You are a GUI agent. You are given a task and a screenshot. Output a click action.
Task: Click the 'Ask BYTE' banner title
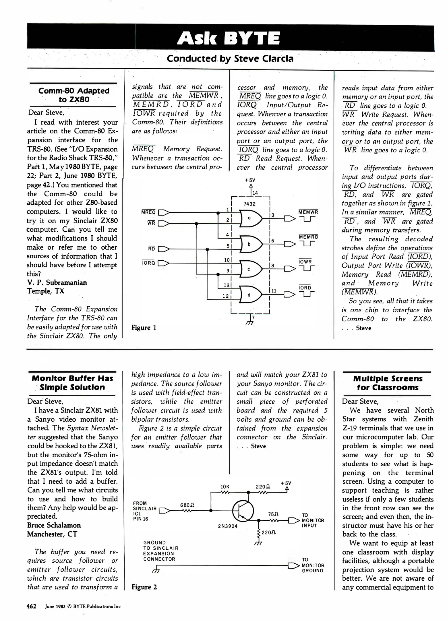pos(228,38)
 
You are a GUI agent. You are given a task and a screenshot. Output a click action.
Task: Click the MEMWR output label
pos(308,212)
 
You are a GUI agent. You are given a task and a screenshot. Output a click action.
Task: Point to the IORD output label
pos(305,288)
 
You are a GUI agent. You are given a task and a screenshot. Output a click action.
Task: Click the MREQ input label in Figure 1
pos(148,212)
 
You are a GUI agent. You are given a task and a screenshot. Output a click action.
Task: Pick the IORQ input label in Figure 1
pos(148,263)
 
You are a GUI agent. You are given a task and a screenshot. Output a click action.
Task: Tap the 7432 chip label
pos(249,204)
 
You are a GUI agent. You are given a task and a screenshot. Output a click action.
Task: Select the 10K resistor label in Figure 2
pos(225,487)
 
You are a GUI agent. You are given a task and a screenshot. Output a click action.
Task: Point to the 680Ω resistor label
pos(187,505)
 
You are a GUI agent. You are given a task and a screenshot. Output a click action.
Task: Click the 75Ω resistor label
pos(273,514)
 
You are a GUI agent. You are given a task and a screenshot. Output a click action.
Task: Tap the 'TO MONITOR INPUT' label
pos(313,520)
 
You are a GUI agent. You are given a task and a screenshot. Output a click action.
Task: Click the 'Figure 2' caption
pos(144,587)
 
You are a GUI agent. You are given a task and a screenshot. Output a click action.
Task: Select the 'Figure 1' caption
pos(144,328)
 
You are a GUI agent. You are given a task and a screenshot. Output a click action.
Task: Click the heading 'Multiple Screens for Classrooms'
pos(388,383)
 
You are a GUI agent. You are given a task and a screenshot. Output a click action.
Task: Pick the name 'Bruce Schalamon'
pos(54,525)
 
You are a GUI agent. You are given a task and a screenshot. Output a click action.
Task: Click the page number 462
pos(32,606)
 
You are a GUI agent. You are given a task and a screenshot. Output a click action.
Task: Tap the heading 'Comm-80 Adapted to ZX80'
pos(74,95)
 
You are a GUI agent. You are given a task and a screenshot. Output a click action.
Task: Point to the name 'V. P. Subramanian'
pos(57,282)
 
